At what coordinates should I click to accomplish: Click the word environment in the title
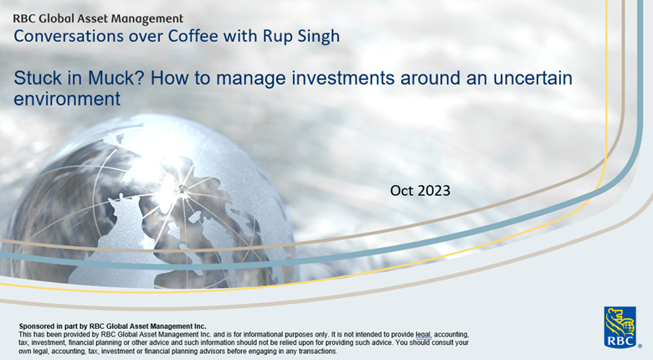(67, 100)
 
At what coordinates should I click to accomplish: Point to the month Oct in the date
(403, 191)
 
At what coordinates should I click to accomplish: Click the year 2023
(434, 191)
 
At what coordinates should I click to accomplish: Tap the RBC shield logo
(620, 327)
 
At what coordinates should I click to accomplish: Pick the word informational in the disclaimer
(272, 334)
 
